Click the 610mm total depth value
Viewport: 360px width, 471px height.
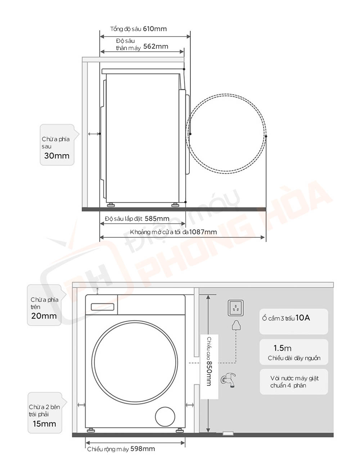click(155, 29)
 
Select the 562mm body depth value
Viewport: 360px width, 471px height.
click(156, 46)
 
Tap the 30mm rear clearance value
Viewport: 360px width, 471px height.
click(57, 156)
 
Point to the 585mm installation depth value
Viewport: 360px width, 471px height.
click(157, 219)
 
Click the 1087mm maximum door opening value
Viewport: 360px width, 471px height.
click(203, 232)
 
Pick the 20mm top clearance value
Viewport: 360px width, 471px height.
click(44, 316)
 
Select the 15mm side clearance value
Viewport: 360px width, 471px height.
click(44, 424)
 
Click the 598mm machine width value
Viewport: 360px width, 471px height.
click(143, 449)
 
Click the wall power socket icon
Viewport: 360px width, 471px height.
click(236, 308)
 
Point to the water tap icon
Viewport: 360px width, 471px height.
click(229, 380)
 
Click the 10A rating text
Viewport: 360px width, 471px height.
click(303, 318)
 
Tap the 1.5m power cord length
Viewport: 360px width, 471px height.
click(282, 348)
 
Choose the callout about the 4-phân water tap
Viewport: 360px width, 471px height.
click(294, 382)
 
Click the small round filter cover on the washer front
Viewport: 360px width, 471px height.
click(165, 417)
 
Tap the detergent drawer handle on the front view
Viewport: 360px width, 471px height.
click(103, 307)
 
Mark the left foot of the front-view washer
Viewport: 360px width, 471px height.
click(90, 430)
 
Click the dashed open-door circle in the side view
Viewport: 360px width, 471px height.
click(226, 133)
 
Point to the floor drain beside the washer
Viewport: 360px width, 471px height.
click(228, 433)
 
